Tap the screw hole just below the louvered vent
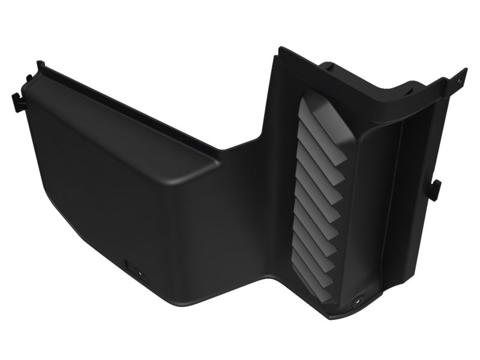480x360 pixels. point(359,298)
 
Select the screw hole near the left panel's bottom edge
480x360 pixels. point(139,271)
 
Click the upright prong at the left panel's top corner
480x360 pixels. point(40,64)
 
